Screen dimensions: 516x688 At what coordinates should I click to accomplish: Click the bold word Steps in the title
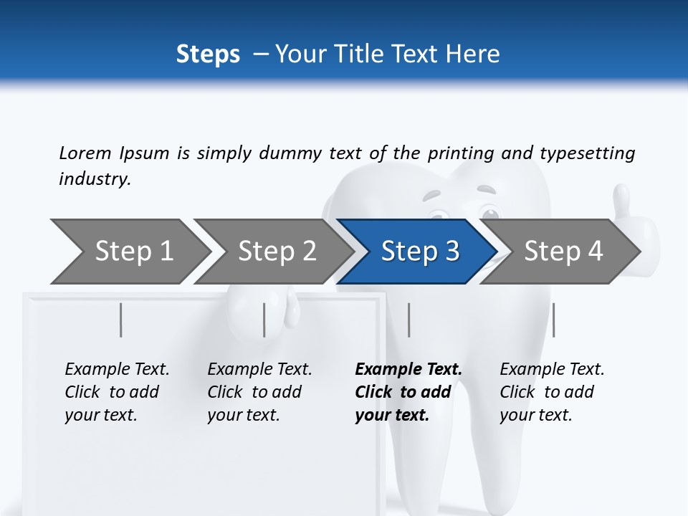click(x=208, y=54)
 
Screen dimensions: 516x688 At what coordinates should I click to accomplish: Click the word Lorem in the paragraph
click(x=85, y=153)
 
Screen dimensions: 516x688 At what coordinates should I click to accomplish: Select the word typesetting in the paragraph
click(x=587, y=153)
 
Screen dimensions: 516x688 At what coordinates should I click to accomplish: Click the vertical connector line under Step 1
click(x=121, y=320)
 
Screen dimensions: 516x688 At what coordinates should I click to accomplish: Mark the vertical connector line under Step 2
click(x=264, y=320)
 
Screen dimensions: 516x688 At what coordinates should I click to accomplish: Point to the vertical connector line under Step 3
click(x=409, y=320)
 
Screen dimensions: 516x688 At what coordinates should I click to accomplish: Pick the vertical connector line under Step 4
click(x=553, y=320)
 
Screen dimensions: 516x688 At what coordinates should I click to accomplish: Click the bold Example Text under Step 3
click(x=408, y=370)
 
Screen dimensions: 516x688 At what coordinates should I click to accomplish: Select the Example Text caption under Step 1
click(x=117, y=370)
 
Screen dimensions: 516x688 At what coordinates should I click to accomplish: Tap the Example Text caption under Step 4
click(x=552, y=370)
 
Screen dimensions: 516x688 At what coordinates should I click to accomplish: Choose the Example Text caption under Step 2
click(x=259, y=370)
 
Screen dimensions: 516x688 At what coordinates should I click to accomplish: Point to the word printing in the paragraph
click(x=459, y=153)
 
